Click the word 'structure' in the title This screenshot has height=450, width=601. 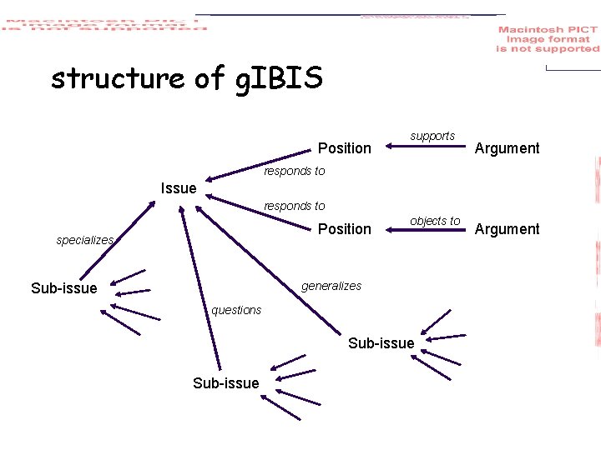point(117,78)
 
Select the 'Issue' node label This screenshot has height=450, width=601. point(178,188)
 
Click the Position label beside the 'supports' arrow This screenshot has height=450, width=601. point(344,148)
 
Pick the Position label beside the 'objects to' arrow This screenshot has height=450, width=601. point(344,229)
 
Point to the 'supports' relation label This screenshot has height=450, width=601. point(432,136)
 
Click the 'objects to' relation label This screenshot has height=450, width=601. point(435,221)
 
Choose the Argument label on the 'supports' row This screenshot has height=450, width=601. point(507,148)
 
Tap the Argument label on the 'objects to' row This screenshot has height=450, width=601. point(507,229)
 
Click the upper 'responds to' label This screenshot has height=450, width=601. point(294,171)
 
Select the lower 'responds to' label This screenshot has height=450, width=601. point(294,206)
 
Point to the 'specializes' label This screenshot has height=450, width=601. point(84,240)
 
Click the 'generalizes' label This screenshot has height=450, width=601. point(331,286)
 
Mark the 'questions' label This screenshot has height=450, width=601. point(236,310)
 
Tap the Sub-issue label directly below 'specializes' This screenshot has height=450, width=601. point(63,288)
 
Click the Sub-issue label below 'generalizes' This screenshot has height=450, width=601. point(381,343)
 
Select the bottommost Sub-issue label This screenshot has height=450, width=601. point(225,383)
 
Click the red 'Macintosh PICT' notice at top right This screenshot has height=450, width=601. point(548,39)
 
